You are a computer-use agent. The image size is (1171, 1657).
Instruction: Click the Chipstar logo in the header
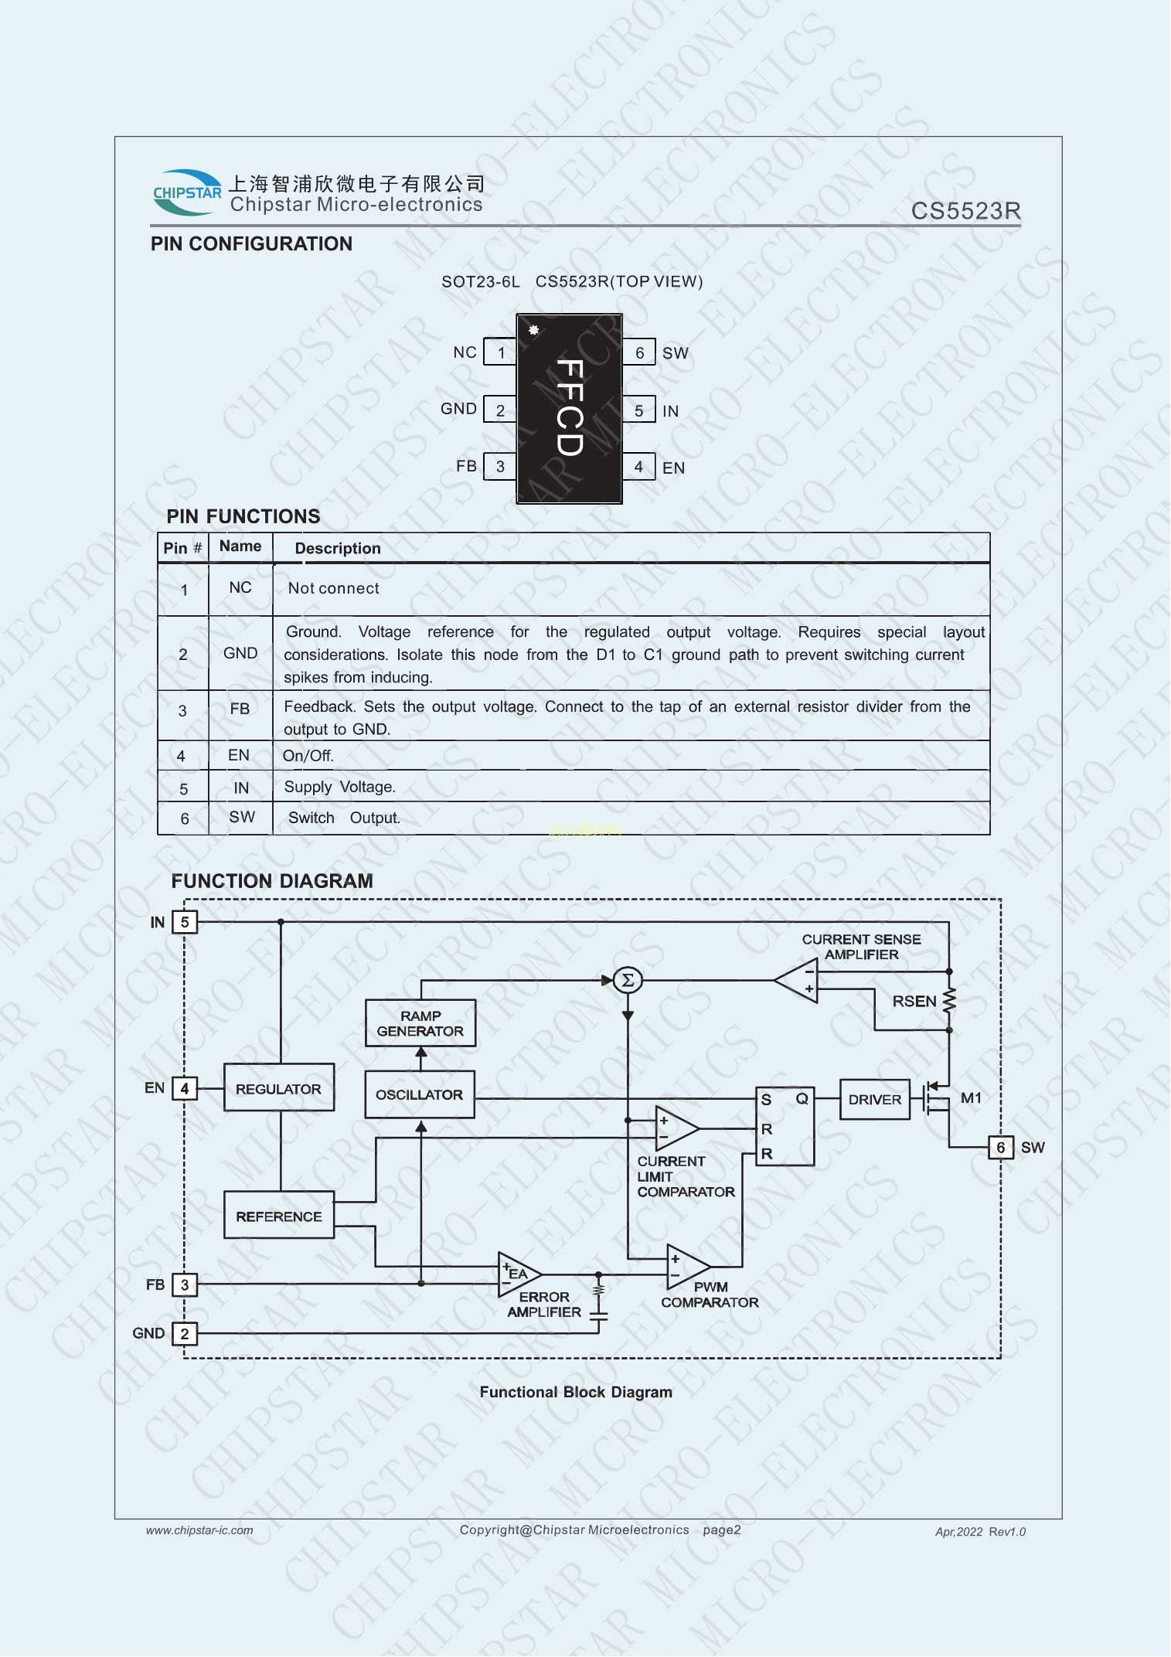pyautogui.click(x=187, y=192)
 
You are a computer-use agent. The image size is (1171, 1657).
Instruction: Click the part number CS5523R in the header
pyautogui.click(x=965, y=211)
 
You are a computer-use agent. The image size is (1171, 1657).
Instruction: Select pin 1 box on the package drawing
pyautogui.click(x=500, y=352)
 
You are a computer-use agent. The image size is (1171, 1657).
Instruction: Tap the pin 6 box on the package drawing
pyautogui.click(x=639, y=352)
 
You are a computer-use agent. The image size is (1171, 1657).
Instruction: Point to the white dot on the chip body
pyautogui.click(x=533, y=330)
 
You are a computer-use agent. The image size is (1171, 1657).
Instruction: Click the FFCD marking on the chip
pyautogui.click(x=570, y=407)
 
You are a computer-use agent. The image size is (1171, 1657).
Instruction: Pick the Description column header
pyautogui.click(x=338, y=549)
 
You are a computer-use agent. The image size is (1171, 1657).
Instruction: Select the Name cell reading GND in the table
pyautogui.click(x=240, y=653)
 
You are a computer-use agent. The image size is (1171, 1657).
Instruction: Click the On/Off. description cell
pyautogui.click(x=308, y=756)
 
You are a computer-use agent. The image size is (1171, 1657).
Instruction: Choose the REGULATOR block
pyautogui.click(x=278, y=1088)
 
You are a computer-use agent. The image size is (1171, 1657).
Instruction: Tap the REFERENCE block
pyautogui.click(x=278, y=1216)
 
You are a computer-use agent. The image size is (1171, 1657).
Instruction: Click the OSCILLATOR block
pyautogui.click(x=419, y=1094)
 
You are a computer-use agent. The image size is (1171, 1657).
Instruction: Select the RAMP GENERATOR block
pyautogui.click(x=420, y=1023)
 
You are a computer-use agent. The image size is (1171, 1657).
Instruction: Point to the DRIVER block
pyautogui.click(x=874, y=1099)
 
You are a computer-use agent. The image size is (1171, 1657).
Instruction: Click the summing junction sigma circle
pyautogui.click(x=628, y=980)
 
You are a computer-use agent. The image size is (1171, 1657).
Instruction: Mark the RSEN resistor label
pyautogui.click(x=914, y=1001)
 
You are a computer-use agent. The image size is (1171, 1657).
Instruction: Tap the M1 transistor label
pyautogui.click(x=971, y=1097)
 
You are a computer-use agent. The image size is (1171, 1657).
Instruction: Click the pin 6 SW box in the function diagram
pyautogui.click(x=1000, y=1147)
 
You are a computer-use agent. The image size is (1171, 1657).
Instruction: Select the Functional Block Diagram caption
pyautogui.click(x=576, y=1392)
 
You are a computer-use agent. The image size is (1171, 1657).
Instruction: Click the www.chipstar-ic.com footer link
pyautogui.click(x=199, y=1530)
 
